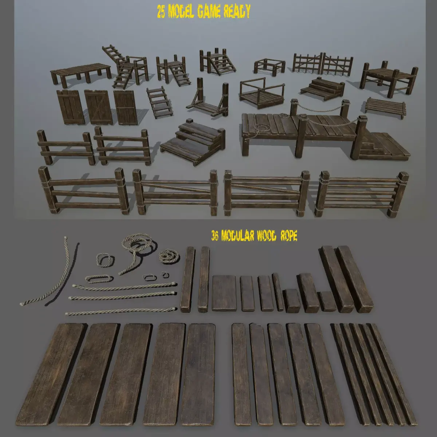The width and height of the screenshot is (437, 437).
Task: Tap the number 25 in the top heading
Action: pyautogui.click(x=161, y=12)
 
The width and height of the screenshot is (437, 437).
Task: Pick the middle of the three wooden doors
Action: pyautogui.click(x=98, y=107)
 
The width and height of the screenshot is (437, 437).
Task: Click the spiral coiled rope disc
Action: pyautogui.click(x=169, y=256)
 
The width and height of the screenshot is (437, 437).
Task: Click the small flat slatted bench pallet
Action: pyautogui.click(x=386, y=107)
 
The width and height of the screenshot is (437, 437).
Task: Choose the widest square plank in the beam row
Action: pyautogui.click(x=224, y=293)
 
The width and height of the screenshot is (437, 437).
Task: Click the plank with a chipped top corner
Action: pyautogui.click(x=261, y=373)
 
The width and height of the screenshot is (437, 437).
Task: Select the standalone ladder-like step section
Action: pyautogui.click(x=159, y=102)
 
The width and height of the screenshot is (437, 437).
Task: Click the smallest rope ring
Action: pyautogui.click(x=165, y=274)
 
